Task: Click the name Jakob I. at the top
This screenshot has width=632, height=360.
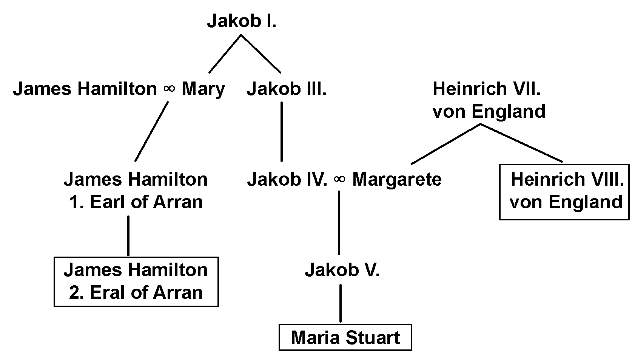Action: (242, 22)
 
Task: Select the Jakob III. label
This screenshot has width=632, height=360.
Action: (287, 89)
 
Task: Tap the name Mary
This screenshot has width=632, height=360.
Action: (203, 89)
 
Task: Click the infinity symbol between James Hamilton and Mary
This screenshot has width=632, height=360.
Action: (170, 89)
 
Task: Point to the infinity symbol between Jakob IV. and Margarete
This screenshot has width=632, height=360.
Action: (339, 179)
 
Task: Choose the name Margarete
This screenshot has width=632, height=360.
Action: (396, 179)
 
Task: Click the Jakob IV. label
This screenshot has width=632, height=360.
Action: (287, 179)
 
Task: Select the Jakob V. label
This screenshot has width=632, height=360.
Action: (342, 270)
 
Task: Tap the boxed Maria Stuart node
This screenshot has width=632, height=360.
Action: (345, 337)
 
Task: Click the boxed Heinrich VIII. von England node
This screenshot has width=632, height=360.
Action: (564, 191)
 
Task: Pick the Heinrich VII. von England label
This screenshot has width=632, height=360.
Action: (489, 100)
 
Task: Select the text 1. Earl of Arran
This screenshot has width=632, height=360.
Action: (136, 202)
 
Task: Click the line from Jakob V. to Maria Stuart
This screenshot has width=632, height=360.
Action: (341, 303)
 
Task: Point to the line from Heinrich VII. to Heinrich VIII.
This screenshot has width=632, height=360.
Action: (521, 143)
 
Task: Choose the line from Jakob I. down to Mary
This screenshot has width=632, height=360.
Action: (225, 54)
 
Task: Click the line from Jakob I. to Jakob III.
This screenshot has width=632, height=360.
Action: (261, 54)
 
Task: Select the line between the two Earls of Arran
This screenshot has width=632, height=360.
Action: (128, 236)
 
